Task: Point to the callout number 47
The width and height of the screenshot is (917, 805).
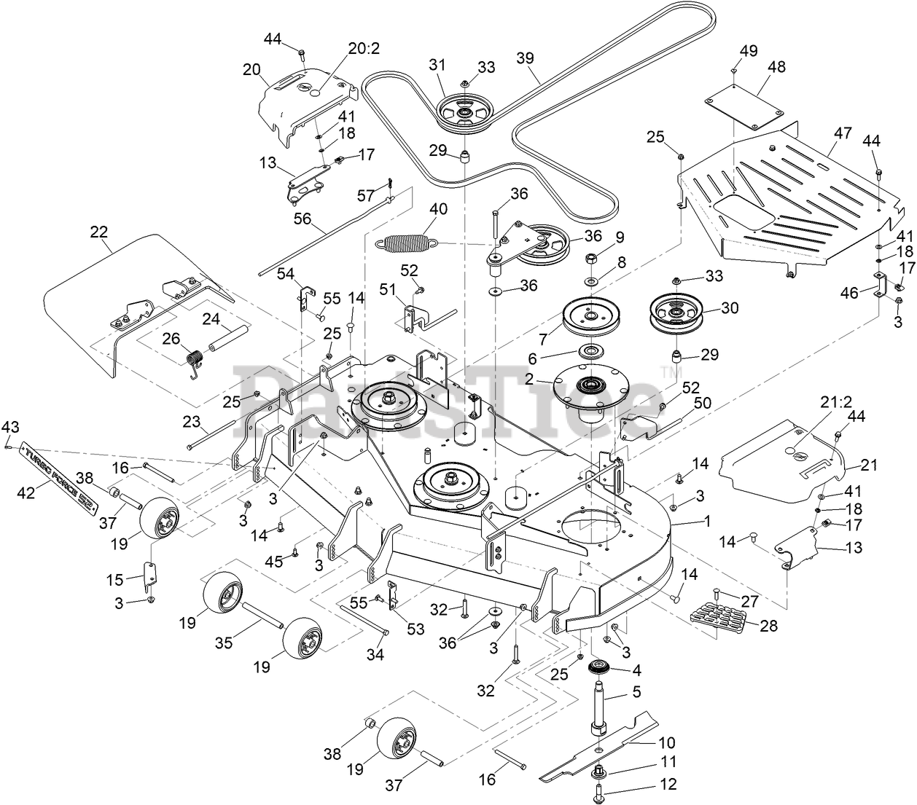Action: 843,133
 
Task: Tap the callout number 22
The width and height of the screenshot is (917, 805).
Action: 98,232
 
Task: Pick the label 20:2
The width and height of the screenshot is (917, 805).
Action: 364,49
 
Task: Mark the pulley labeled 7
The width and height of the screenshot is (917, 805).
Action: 587,315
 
